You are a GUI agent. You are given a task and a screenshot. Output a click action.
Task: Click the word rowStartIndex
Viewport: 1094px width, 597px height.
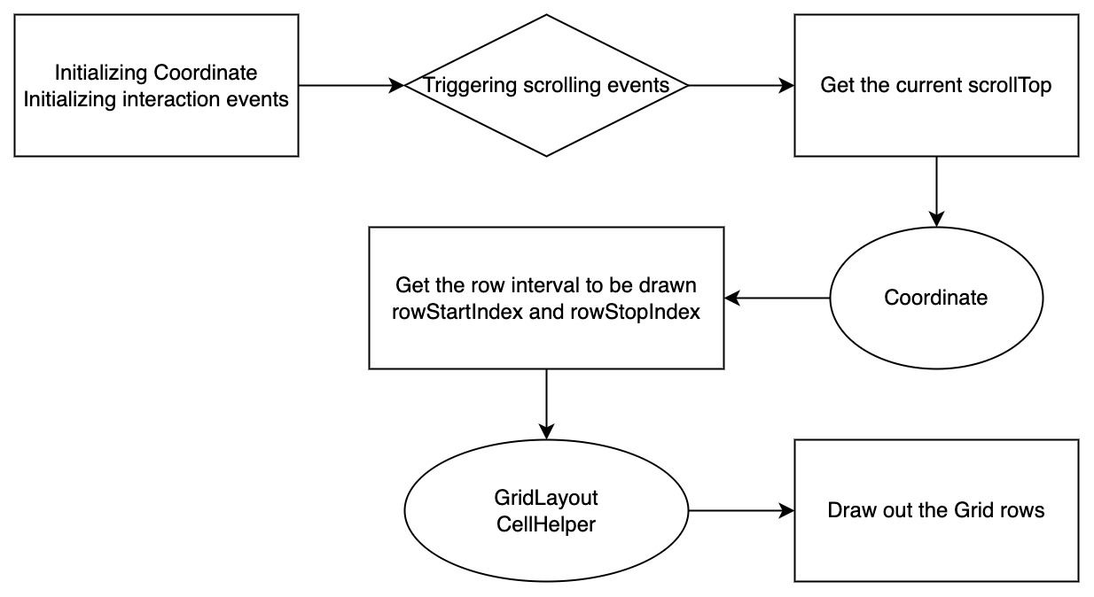(x=457, y=312)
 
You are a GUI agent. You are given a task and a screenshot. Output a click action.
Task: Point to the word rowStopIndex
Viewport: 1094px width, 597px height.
(x=635, y=312)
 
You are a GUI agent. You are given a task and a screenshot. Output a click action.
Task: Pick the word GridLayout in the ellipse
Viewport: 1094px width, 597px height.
(x=546, y=498)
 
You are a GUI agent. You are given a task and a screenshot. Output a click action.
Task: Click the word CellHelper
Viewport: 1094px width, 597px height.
(x=546, y=524)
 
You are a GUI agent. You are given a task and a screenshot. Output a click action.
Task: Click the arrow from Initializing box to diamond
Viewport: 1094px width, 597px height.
(x=351, y=85)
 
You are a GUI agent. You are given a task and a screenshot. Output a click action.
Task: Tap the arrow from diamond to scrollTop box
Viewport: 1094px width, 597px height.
(x=741, y=85)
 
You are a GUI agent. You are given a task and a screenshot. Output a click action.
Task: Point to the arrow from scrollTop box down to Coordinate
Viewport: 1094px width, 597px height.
(x=936, y=192)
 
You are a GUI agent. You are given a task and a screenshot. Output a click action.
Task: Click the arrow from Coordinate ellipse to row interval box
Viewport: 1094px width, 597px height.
(x=777, y=298)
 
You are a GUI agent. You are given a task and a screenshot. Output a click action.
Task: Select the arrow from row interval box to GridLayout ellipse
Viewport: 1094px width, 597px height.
(x=546, y=404)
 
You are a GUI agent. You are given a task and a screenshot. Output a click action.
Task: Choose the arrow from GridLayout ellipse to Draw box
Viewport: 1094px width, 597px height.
(x=741, y=510)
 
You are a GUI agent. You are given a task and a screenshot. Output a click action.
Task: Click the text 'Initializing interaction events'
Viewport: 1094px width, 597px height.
(x=156, y=99)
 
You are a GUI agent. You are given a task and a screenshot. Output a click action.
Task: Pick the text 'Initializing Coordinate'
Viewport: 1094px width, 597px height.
(x=156, y=73)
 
